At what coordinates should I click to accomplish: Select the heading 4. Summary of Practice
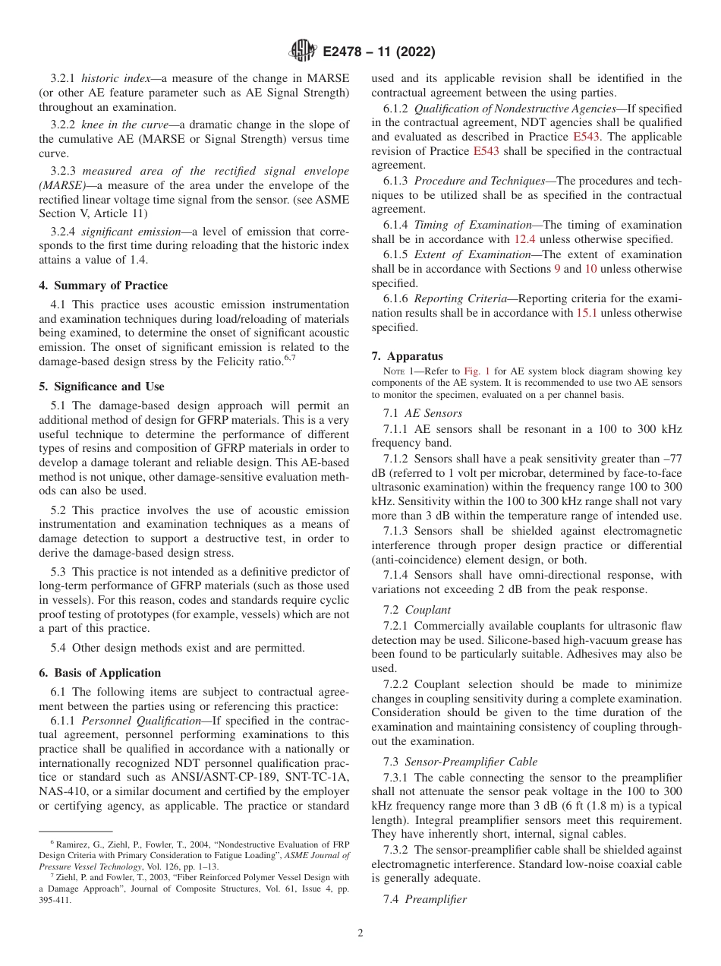coord(103,286)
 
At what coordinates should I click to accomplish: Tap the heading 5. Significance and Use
coord(102,387)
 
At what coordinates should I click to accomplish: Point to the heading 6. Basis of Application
coord(100,673)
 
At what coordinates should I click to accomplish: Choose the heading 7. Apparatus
coord(408,356)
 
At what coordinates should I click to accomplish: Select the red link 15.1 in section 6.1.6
coord(588,313)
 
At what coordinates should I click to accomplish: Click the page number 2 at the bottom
coord(360,933)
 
